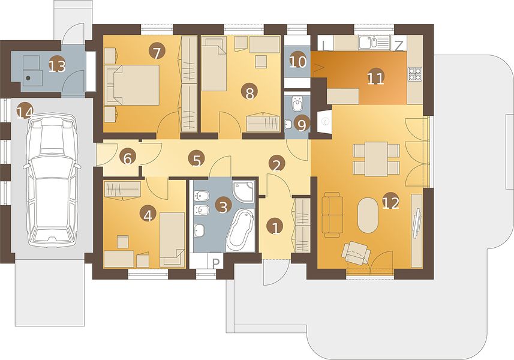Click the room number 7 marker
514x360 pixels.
click(x=157, y=52)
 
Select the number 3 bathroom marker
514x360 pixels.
click(x=223, y=206)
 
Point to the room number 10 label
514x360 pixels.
click(x=298, y=61)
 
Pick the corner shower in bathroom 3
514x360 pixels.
click(x=244, y=191)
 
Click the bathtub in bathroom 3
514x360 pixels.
click(x=241, y=231)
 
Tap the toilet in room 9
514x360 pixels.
click(x=297, y=104)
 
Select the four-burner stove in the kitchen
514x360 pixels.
click(x=414, y=74)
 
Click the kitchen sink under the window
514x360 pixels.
click(x=374, y=43)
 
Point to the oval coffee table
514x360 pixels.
click(x=368, y=215)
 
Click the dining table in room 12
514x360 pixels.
click(x=376, y=158)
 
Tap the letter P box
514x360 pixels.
click(x=216, y=262)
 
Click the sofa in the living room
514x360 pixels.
click(x=333, y=214)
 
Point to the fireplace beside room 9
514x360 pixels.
click(x=324, y=121)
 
